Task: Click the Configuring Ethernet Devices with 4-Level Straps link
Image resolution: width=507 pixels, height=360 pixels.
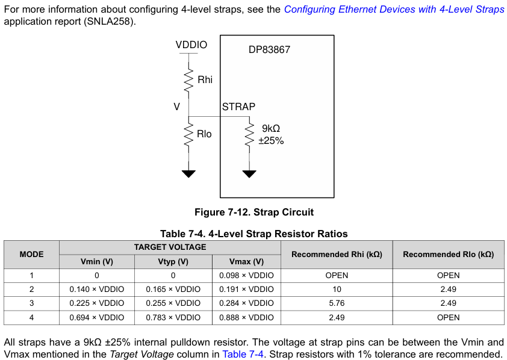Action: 394,9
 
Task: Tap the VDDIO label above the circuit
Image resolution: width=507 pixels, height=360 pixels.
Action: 191,45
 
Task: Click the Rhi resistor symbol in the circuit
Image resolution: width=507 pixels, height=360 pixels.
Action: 188,80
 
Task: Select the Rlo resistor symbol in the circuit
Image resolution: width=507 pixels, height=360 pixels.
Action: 188,134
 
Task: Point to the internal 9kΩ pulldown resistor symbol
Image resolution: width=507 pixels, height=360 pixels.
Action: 249,135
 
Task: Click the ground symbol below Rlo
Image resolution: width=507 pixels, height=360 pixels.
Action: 188,174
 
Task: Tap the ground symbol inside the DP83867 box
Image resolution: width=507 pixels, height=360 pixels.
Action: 249,174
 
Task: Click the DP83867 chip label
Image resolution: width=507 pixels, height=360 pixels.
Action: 269,49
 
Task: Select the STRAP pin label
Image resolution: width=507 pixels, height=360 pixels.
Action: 238,107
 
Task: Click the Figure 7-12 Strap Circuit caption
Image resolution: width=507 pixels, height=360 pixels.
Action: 254,212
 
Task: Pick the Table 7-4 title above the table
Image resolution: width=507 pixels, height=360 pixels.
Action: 254,234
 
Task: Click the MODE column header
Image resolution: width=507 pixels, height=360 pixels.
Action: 32,254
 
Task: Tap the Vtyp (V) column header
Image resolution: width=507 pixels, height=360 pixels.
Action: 173,261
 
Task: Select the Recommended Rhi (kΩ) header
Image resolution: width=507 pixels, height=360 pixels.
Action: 337,254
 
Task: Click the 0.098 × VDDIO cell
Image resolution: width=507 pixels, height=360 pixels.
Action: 246,275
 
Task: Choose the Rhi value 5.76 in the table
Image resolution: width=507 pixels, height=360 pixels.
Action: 337,303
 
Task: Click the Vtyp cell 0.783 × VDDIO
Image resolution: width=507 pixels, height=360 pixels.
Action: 173,317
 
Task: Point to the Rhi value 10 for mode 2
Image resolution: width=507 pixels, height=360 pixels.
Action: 337,289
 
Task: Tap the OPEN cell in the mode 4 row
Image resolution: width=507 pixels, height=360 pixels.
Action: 448,317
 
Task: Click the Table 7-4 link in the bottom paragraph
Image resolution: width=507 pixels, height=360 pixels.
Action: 243,354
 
